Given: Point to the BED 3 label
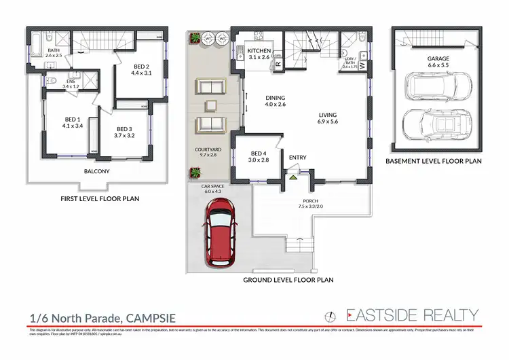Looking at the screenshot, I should [124, 129].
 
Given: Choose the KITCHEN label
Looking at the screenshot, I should [260, 51].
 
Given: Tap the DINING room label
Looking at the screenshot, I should [276, 98].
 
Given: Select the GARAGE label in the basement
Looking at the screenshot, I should [438, 59].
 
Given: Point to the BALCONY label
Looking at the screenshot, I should [96, 171].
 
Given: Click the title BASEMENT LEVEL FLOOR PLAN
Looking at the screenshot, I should [433, 162].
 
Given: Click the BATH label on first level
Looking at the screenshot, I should [52, 50].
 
